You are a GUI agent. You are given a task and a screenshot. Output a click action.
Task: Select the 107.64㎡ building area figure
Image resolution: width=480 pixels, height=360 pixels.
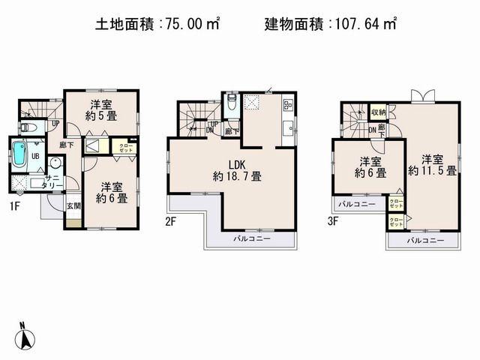363,24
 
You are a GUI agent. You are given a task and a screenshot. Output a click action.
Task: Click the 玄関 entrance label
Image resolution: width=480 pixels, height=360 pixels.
73,205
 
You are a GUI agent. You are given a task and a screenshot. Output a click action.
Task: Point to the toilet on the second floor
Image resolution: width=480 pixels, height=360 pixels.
232,103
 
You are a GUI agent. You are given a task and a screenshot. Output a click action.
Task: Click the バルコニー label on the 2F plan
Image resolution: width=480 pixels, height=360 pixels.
251,238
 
